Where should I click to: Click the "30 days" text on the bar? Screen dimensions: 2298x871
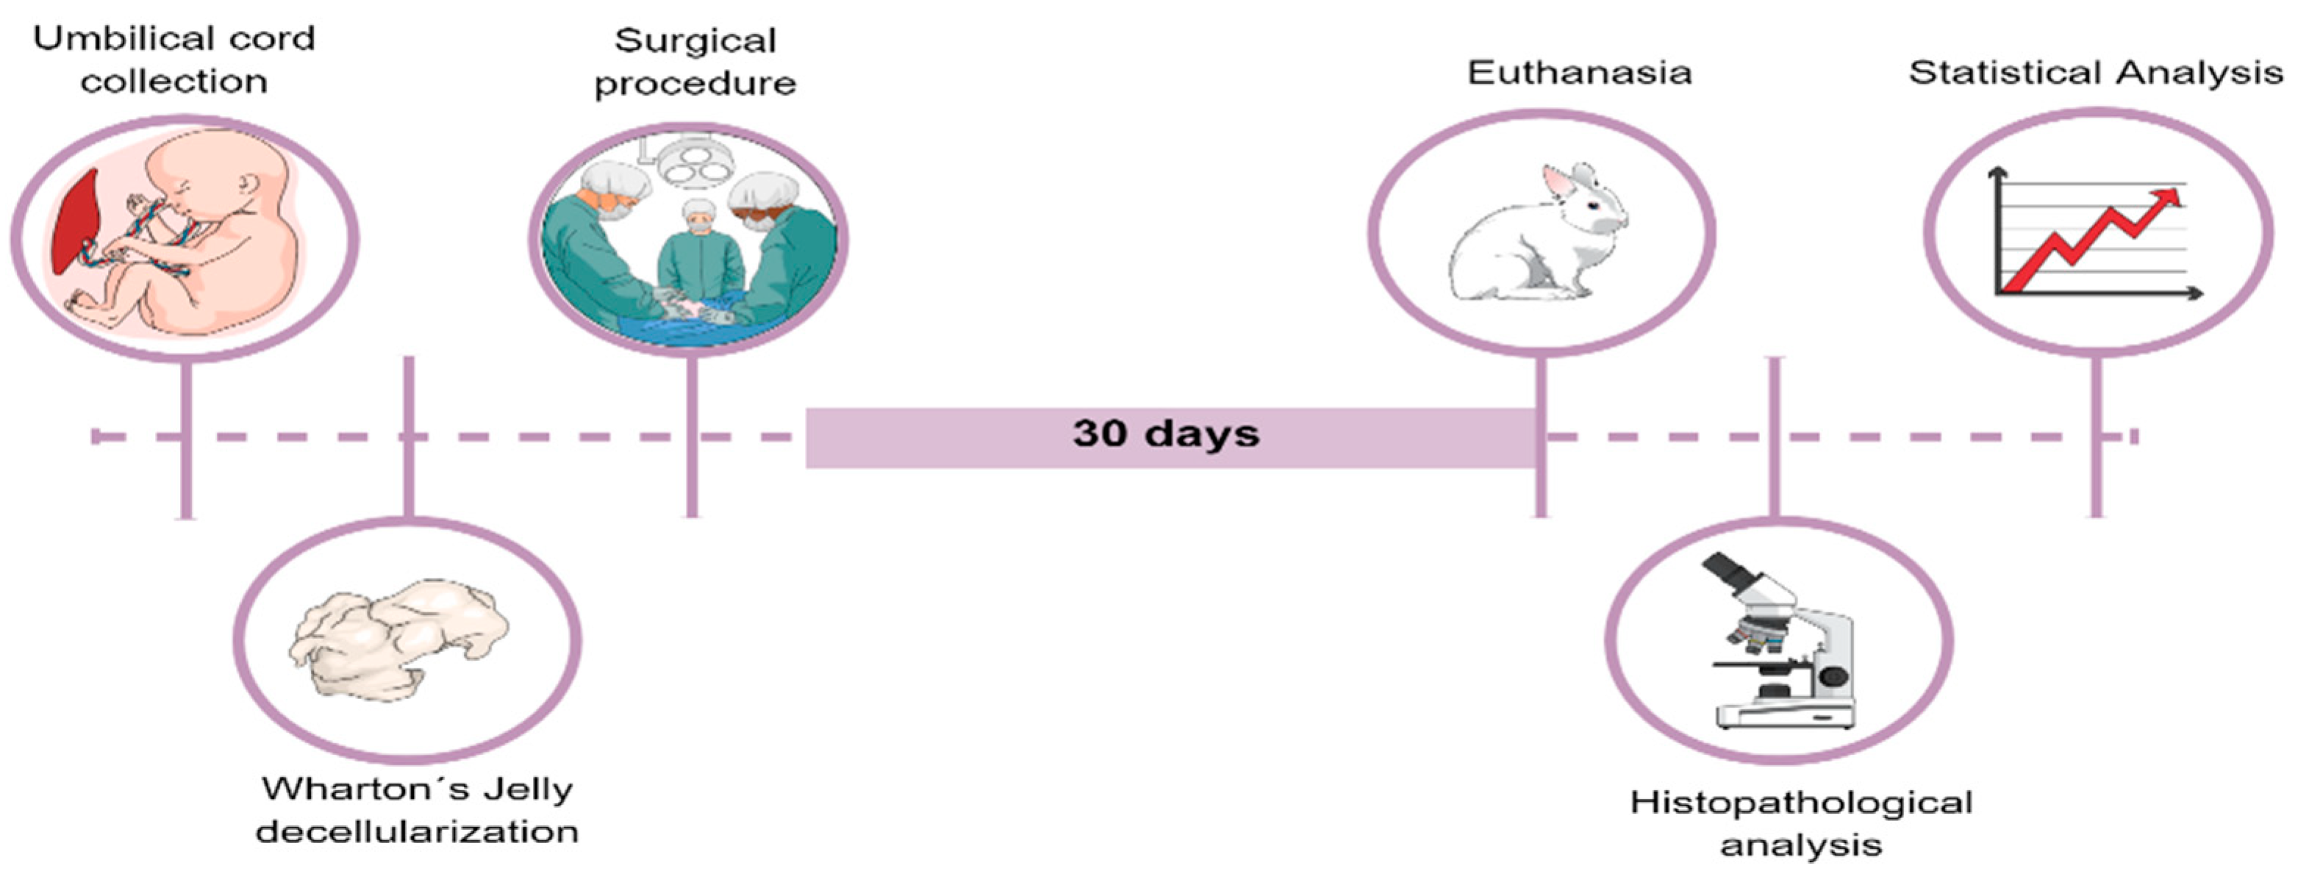pyautogui.click(x=1166, y=434)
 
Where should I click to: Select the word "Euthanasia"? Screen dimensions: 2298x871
pyautogui.click(x=1580, y=72)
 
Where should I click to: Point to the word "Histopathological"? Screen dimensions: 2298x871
pyautogui.click(x=1801, y=803)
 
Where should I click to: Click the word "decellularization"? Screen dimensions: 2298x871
pyautogui.click(x=417, y=831)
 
